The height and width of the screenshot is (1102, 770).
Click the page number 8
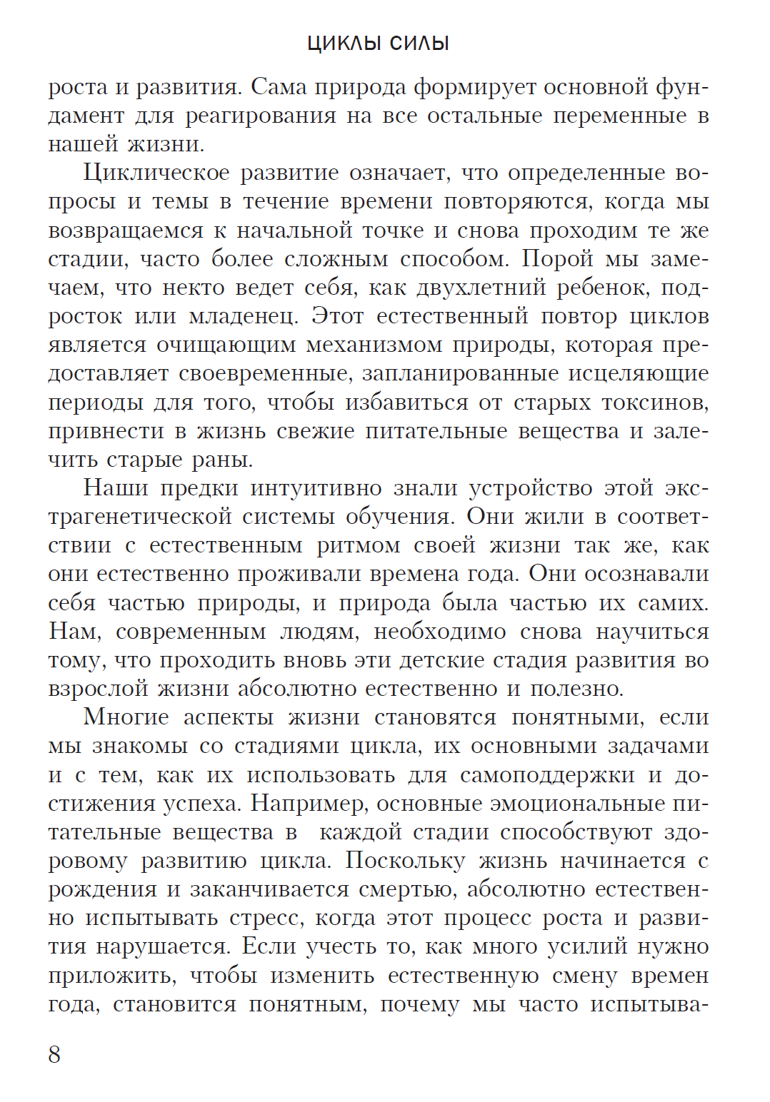pyautogui.click(x=54, y=1055)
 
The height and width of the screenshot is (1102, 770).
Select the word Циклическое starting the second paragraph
pyautogui.click(x=156, y=173)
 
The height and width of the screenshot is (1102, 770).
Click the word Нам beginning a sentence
pyautogui.click(x=74, y=632)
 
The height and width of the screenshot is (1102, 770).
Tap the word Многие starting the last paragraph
pyautogui.click(x=126, y=717)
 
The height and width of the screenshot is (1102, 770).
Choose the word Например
pyautogui.click(x=309, y=804)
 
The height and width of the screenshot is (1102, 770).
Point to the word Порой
pyautogui.click(x=557, y=259)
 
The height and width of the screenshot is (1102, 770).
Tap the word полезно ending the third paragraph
pyautogui.click(x=576, y=689)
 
